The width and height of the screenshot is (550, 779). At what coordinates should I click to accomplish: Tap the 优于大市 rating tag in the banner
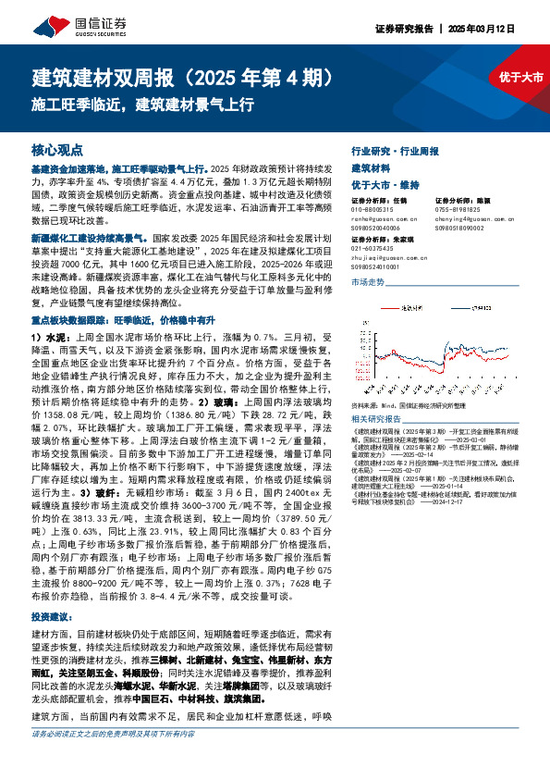click(520, 77)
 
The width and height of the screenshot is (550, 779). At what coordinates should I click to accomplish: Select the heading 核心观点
click(57, 149)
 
